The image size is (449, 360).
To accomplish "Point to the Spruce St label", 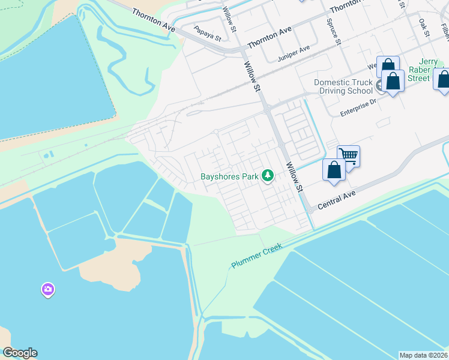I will (x=337, y=35).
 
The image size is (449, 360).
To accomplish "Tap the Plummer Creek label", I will (x=258, y=256).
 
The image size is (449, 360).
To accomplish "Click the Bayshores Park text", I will (x=229, y=176).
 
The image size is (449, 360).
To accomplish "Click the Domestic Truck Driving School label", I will (x=343, y=86).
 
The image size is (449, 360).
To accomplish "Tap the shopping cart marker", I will (x=348, y=157).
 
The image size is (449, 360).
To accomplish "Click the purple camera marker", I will (x=48, y=290).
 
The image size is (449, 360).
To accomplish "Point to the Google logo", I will (x=20, y=353).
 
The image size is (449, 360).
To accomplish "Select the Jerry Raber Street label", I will (x=420, y=70).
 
